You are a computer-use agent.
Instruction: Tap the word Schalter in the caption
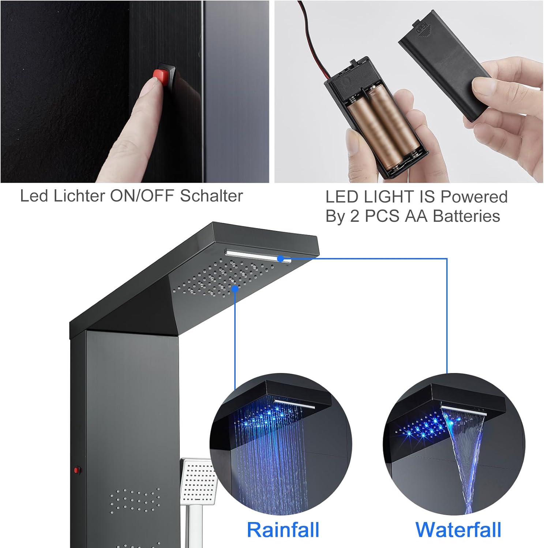[211, 196]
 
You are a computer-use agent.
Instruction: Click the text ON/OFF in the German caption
[142, 196]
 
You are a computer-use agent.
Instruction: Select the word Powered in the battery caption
[474, 197]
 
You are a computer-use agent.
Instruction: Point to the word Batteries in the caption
[466, 216]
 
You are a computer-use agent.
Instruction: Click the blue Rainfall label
[283, 530]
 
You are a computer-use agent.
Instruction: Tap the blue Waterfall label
[458, 530]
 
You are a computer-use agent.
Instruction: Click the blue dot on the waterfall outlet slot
[281, 259]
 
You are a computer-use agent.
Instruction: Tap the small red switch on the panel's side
[77, 470]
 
